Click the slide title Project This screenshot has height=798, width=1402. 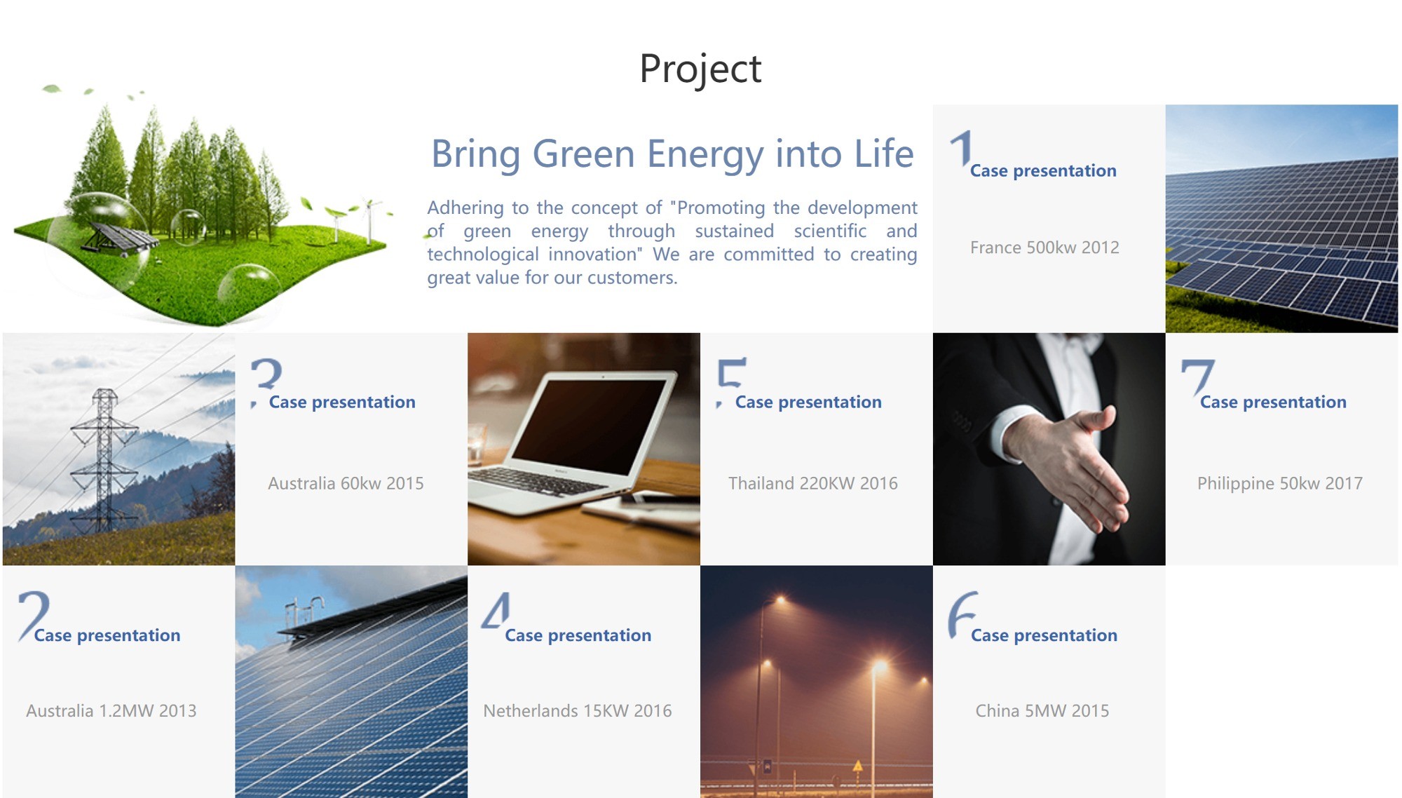pos(700,69)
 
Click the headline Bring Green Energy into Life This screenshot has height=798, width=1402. pos(672,154)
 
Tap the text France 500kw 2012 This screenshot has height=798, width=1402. pos(1044,248)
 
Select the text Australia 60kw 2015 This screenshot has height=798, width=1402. pos(346,483)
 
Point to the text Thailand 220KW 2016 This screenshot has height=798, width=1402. pos(812,483)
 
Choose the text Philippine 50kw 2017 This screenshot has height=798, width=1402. pos(1280,484)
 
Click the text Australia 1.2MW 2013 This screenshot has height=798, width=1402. pos(111,710)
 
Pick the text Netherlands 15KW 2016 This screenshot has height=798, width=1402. pos(578,710)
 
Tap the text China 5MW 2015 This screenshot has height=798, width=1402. pos(1042,710)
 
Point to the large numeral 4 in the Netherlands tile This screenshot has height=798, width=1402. pos(496,611)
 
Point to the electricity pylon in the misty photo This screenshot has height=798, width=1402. pos(104,459)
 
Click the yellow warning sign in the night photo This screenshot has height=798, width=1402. pos(857,766)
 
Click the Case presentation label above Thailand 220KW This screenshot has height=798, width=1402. pos(808,403)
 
